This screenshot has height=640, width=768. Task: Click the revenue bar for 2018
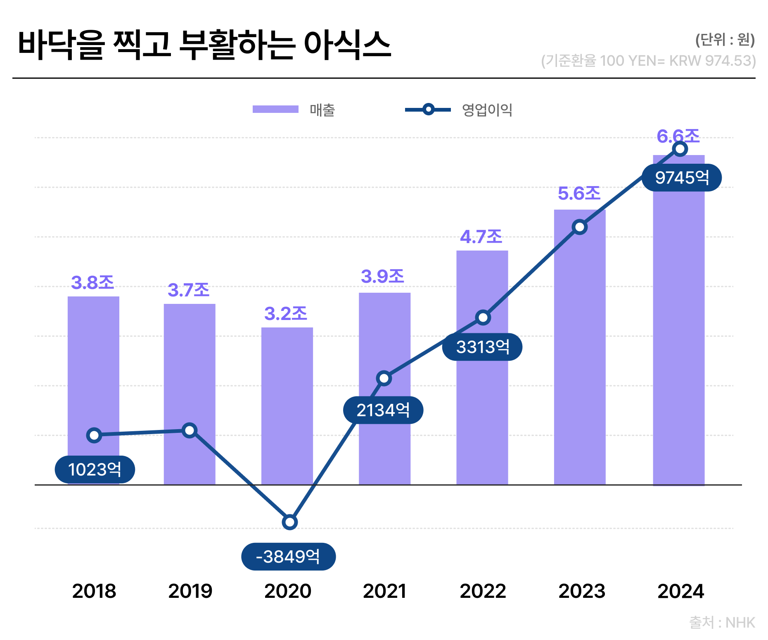pos(93,372)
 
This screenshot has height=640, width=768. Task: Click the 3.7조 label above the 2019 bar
pos(189,290)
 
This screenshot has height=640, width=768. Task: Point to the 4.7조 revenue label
pos(481,237)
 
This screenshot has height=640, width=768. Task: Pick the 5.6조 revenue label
pos(579,193)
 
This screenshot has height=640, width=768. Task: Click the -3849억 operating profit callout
pos(288,556)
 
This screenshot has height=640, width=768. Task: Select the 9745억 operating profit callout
pos(682,178)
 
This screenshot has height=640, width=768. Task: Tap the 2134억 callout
pos(383,410)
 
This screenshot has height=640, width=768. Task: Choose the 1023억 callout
pos(95,470)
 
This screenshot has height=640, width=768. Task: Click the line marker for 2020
pos(290,522)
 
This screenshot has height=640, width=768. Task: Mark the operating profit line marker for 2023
pos(580,227)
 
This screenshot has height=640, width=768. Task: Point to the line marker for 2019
pos(190,430)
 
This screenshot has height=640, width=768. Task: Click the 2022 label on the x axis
pos(483,591)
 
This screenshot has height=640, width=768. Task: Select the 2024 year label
pos(680,591)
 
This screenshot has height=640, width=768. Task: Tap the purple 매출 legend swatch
pos(275,110)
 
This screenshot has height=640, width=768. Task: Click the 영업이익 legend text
pos(487,110)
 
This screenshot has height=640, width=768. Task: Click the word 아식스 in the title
pos(347,45)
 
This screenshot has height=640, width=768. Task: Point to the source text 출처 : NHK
pos(722,623)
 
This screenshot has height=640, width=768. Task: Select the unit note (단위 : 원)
pos(725,40)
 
